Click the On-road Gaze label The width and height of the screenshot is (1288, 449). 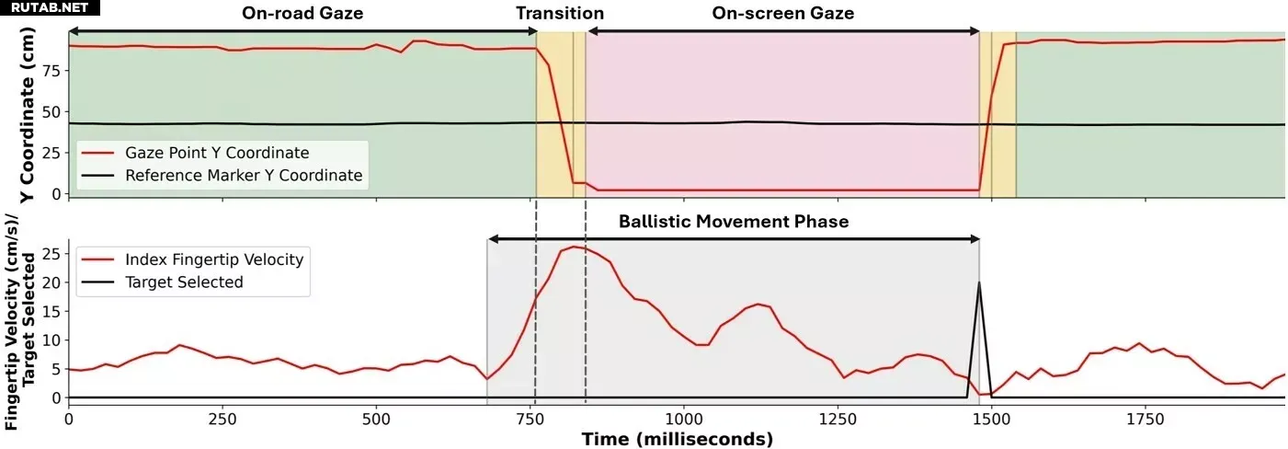click(x=302, y=14)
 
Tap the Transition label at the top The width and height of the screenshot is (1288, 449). click(x=560, y=14)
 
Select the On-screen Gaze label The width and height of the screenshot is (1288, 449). click(x=783, y=14)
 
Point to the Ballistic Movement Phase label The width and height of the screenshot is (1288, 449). click(x=734, y=222)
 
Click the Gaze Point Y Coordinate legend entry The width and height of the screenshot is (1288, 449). click(x=217, y=153)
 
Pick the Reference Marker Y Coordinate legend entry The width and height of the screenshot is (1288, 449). click(x=244, y=175)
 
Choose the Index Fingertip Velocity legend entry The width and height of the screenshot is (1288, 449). click(x=214, y=260)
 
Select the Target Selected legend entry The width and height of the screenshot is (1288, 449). click(x=184, y=282)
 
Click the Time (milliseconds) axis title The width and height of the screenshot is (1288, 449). click(x=677, y=440)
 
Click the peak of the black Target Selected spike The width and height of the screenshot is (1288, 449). click(x=979, y=282)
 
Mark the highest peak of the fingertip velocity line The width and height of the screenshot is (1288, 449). click(x=575, y=247)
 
